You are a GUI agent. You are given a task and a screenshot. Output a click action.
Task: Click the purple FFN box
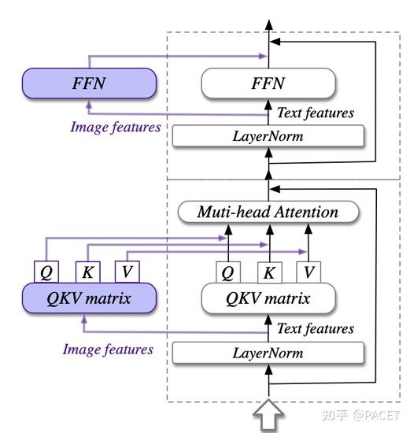click(89, 83)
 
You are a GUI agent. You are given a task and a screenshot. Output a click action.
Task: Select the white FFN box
click(268, 83)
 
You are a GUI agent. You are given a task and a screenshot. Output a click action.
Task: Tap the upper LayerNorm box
click(268, 136)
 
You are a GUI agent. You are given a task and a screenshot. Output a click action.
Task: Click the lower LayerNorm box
click(268, 353)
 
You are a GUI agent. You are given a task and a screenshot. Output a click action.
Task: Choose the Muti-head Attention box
click(268, 212)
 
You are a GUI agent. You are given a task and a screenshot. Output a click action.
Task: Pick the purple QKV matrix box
click(89, 298)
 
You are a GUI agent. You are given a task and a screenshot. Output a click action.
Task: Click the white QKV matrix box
click(268, 298)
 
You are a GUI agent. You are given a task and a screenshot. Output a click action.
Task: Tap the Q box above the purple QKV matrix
click(46, 272)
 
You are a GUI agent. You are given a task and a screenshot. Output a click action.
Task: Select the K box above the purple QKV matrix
click(88, 272)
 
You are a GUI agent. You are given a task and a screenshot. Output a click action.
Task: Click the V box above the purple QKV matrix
click(127, 272)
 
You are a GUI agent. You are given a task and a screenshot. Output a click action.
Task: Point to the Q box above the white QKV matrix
click(228, 272)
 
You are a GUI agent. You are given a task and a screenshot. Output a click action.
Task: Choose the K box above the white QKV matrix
click(270, 272)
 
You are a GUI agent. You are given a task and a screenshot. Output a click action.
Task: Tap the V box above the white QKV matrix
click(308, 272)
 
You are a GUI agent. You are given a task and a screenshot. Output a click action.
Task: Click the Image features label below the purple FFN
click(116, 128)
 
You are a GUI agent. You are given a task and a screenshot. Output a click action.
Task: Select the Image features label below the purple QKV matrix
click(108, 350)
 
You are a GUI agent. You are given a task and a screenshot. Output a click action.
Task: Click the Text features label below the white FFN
click(316, 113)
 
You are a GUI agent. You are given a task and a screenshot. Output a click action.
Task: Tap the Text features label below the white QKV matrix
click(316, 329)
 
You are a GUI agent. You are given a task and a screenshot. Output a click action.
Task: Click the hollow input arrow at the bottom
click(268, 415)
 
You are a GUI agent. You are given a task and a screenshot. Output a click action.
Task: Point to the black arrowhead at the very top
click(269, 25)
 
